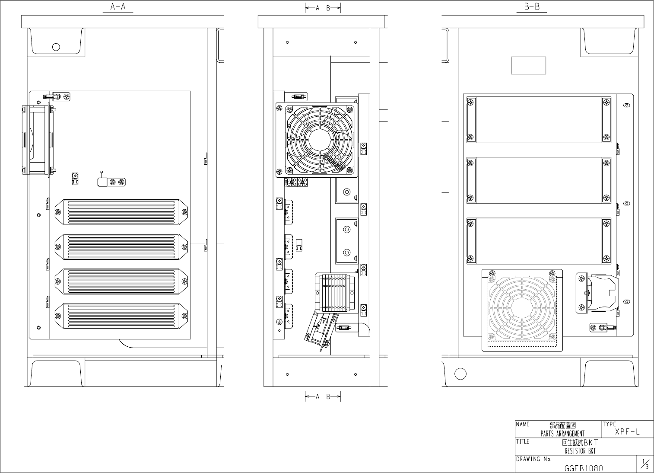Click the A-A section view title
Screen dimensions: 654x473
(x=118, y=7)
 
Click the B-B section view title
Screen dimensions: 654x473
(x=532, y=7)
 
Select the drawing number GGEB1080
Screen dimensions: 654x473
(x=584, y=468)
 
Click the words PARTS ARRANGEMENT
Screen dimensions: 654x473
(x=562, y=434)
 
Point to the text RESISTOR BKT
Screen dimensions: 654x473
(x=580, y=451)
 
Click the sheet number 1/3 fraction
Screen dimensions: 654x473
(x=644, y=464)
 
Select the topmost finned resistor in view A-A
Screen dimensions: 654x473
(x=121, y=212)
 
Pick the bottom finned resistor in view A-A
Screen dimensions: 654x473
(x=121, y=316)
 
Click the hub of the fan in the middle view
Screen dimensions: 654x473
(x=320, y=140)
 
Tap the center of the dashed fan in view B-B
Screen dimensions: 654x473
(x=521, y=309)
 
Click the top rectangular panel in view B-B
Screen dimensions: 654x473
(x=539, y=120)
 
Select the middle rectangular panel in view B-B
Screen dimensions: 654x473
(x=539, y=180)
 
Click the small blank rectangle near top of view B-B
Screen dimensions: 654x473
(x=528, y=65)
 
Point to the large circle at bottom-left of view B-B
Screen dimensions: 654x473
(x=460, y=374)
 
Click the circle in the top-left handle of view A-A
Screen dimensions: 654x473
(x=56, y=47)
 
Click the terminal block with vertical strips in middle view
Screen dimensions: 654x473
(x=337, y=293)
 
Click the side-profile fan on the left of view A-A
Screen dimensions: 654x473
(x=38, y=140)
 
